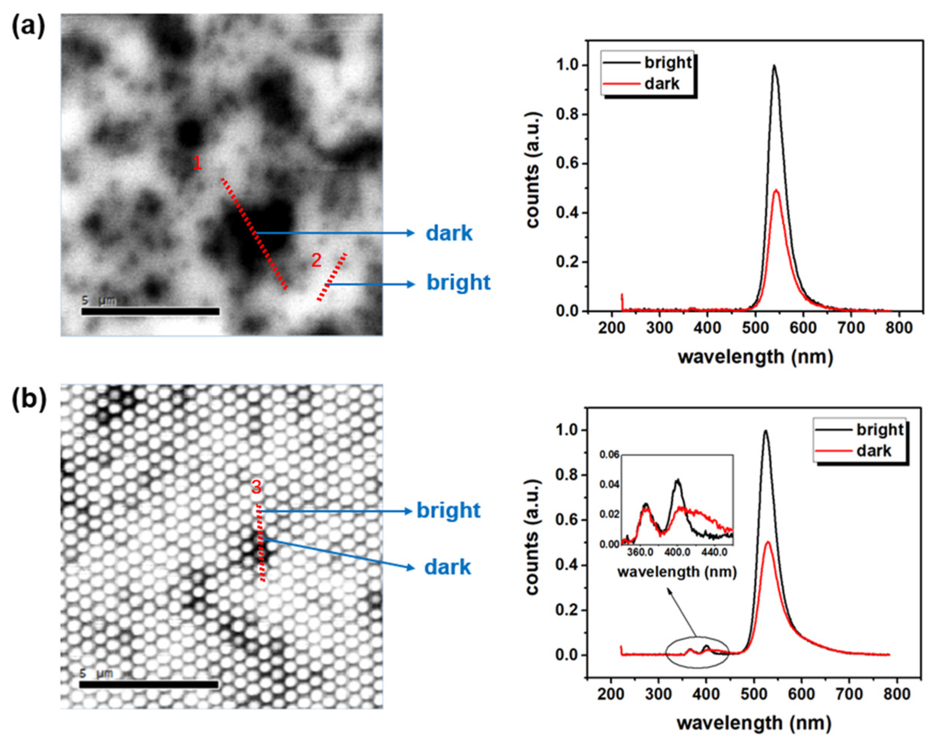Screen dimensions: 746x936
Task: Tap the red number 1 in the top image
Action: pos(197,164)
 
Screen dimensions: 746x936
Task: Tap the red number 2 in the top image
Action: pos(316,261)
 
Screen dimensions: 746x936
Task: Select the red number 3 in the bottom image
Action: pos(256,488)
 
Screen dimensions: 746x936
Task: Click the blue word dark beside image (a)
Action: pos(449,234)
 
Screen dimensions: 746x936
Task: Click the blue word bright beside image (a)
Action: pos(459,282)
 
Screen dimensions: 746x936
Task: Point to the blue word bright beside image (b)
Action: pos(449,511)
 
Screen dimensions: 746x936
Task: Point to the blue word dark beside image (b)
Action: pos(447,567)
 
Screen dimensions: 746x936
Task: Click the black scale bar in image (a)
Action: pos(150,311)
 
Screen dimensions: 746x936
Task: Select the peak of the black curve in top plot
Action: pos(774,67)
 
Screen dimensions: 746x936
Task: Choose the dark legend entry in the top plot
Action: pos(661,83)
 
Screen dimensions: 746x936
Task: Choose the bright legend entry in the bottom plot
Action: pos(879,430)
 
